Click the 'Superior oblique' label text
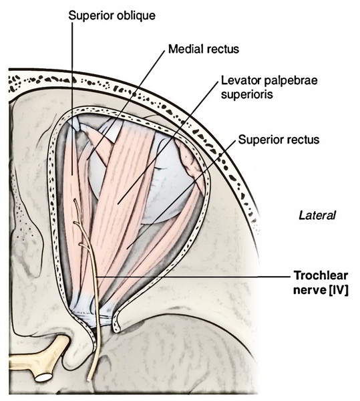tap(112, 16)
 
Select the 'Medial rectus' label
tap(204, 49)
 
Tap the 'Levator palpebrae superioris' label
tap(269, 87)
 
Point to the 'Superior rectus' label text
tap(279, 140)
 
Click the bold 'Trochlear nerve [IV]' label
tap(321, 283)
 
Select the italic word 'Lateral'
tap(317, 215)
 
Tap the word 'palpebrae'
tap(291, 81)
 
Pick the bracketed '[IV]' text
tap(337, 291)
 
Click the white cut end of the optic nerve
tap(44, 378)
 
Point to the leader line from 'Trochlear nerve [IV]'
tap(194, 277)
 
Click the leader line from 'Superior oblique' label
tap(72, 98)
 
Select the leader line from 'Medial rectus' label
tap(126, 105)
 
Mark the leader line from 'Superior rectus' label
tap(181, 195)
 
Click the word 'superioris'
tap(247, 94)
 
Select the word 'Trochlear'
tap(321, 275)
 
